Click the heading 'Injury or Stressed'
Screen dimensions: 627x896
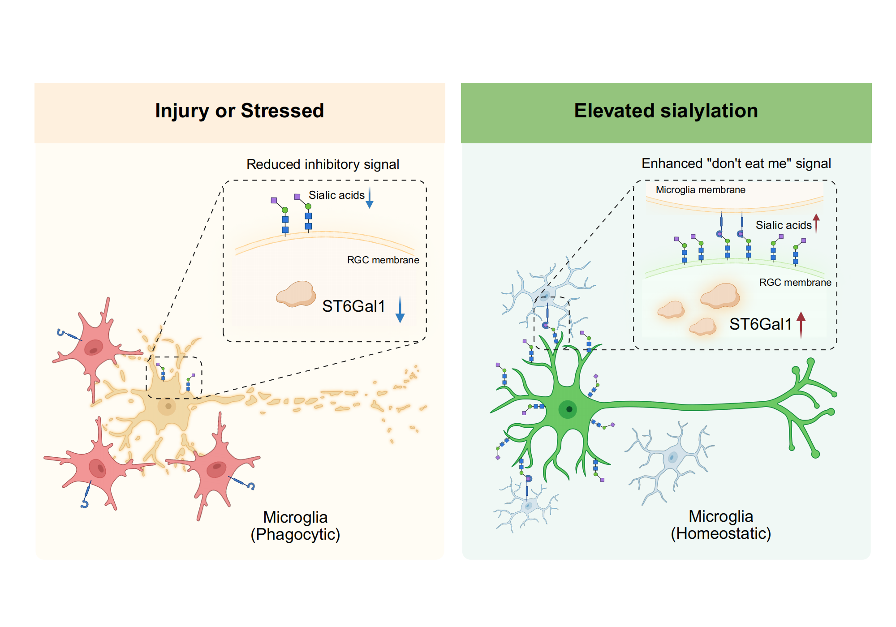point(239,111)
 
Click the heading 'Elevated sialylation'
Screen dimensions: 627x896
point(666,111)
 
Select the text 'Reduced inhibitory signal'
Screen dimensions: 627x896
point(323,164)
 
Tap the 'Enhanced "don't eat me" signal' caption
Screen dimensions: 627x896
point(736,163)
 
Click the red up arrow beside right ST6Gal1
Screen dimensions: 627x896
point(801,324)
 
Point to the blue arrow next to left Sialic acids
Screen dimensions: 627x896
point(370,198)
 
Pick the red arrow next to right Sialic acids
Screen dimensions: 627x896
point(816,223)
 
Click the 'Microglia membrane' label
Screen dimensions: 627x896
point(700,190)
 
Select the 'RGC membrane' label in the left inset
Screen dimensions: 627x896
point(383,260)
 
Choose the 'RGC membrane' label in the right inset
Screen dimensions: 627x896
point(795,283)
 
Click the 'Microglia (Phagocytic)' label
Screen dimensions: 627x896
point(295,526)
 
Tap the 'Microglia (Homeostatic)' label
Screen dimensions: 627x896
point(721,525)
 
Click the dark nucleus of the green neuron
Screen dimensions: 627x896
point(569,409)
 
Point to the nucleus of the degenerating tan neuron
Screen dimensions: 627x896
point(168,406)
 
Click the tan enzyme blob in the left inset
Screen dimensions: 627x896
point(296,294)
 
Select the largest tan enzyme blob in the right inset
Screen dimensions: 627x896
point(720,296)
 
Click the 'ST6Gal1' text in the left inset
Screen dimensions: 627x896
point(353,306)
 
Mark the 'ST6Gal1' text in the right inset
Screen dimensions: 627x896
point(760,324)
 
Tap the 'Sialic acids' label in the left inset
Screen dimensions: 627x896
point(336,195)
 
